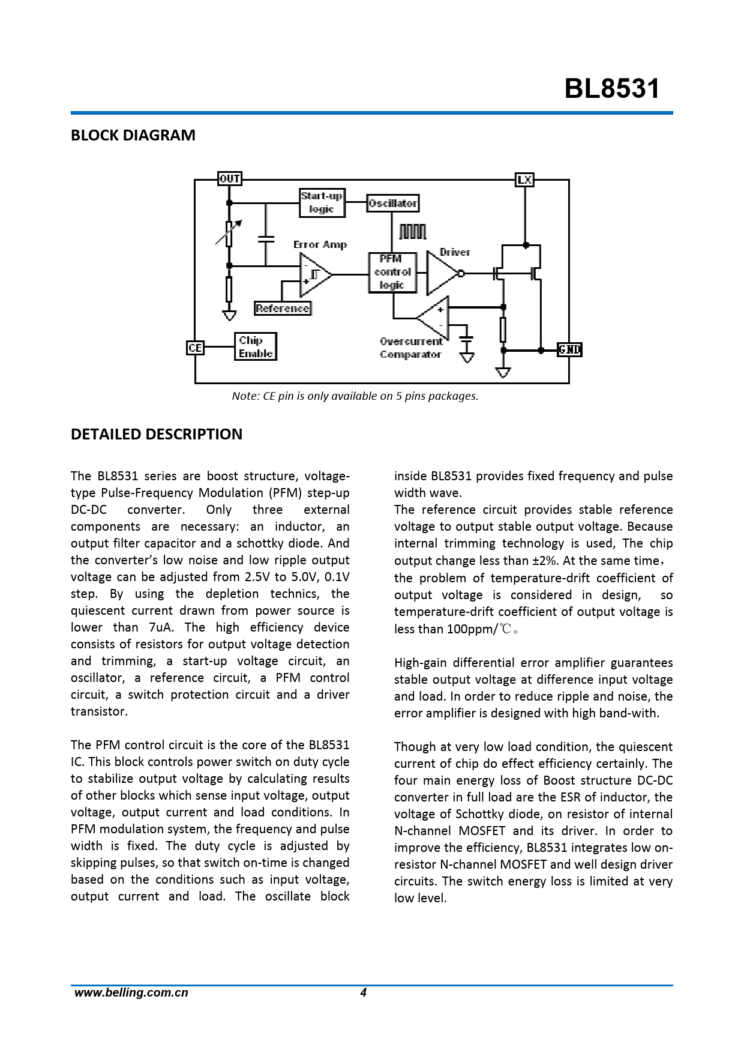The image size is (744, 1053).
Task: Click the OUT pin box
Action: click(229, 179)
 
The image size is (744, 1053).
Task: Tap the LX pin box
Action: click(524, 180)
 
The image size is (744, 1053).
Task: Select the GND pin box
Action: click(569, 349)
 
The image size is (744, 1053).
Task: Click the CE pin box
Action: click(195, 348)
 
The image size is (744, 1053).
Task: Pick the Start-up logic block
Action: click(322, 203)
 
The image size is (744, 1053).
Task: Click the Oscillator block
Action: click(392, 204)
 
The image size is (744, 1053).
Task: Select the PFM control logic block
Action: click(392, 273)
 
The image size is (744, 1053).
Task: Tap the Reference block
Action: click(283, 309)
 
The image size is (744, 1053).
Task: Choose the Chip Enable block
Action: click(255, 347)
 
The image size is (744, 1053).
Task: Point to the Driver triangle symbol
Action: click(442, 274)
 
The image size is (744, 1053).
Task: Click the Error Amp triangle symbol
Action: click(313, 275)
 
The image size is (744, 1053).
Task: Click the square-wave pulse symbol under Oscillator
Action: click(413, 232)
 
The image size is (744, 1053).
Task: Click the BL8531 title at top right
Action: click(611, 89)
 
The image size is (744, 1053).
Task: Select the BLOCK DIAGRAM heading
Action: click(133, 136)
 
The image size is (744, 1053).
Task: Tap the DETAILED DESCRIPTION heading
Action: click(157, 435)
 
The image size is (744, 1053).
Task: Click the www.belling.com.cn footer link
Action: click(131, 993)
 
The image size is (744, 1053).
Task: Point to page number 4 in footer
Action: click(363, 993)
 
